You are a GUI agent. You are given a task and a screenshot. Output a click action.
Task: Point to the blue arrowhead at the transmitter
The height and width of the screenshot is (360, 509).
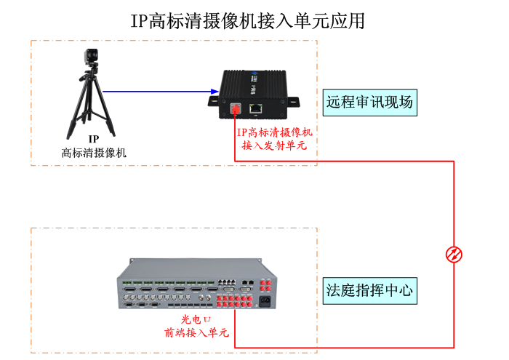(x=214, y=92)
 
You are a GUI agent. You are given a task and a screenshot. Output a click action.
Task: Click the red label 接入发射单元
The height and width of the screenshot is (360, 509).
(x=274, y=145)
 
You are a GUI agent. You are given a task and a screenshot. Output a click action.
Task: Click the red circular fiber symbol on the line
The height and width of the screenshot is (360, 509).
(x=454, y=253)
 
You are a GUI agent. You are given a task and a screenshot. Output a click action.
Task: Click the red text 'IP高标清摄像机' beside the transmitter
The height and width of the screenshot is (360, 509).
(x=274, y=132)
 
